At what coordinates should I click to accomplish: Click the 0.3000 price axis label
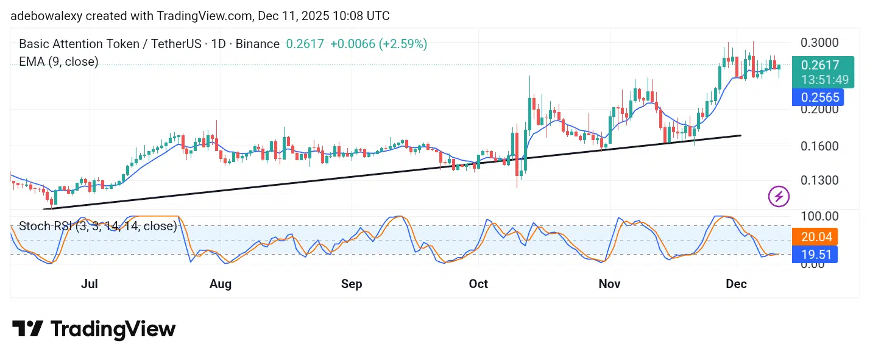[820, 43]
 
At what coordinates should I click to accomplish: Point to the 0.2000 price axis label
[820, 110]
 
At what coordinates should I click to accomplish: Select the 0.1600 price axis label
[820, 146]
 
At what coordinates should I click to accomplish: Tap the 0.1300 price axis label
[820, 180]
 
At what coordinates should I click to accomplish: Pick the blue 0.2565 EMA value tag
[820, 97]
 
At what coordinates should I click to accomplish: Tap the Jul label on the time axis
[90, 284]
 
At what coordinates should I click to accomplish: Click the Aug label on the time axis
[221, 284]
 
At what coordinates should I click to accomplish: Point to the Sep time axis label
[352, 284]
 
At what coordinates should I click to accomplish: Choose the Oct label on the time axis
[478, 284]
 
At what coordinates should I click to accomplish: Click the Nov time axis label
[610, 284]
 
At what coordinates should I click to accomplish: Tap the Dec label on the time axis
[737, 284]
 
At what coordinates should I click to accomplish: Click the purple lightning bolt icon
[779, 196]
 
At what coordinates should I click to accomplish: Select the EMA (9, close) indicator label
[58, 62]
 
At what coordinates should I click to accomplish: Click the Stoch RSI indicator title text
[97, 227]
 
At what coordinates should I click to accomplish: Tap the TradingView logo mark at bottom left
[27, 330]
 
